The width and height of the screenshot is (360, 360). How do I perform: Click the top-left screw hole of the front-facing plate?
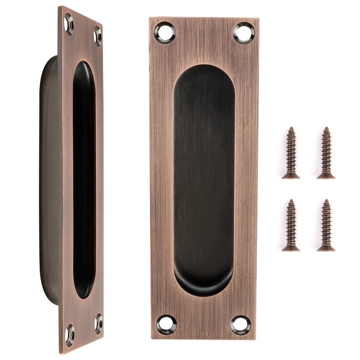(165, 32)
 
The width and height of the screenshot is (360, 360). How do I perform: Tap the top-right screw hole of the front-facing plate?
(244, 33)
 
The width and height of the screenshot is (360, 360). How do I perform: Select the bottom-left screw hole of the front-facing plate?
(166, 324)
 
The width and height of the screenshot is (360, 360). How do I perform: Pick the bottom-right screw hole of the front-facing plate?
(241, 324)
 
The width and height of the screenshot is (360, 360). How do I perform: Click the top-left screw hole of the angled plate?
(69, 24)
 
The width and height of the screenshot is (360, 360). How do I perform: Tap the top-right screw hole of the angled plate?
(97, 36)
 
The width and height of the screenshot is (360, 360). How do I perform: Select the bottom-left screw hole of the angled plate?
(69, 335)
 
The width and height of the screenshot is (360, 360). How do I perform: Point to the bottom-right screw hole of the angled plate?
(98, 323)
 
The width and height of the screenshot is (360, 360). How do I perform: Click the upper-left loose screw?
(291, 153)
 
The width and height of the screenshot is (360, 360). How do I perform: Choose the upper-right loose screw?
(326, 153)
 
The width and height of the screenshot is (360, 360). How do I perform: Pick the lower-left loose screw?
(291, 225)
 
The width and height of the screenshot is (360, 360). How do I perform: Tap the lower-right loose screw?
(326, 225)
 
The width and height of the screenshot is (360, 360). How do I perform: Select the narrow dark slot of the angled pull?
(84, 180)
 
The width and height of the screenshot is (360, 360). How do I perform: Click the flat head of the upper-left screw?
(291, 176)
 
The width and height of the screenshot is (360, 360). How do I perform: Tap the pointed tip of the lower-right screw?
(326, 201)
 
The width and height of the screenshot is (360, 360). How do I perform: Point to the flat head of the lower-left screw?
(291, 248)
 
